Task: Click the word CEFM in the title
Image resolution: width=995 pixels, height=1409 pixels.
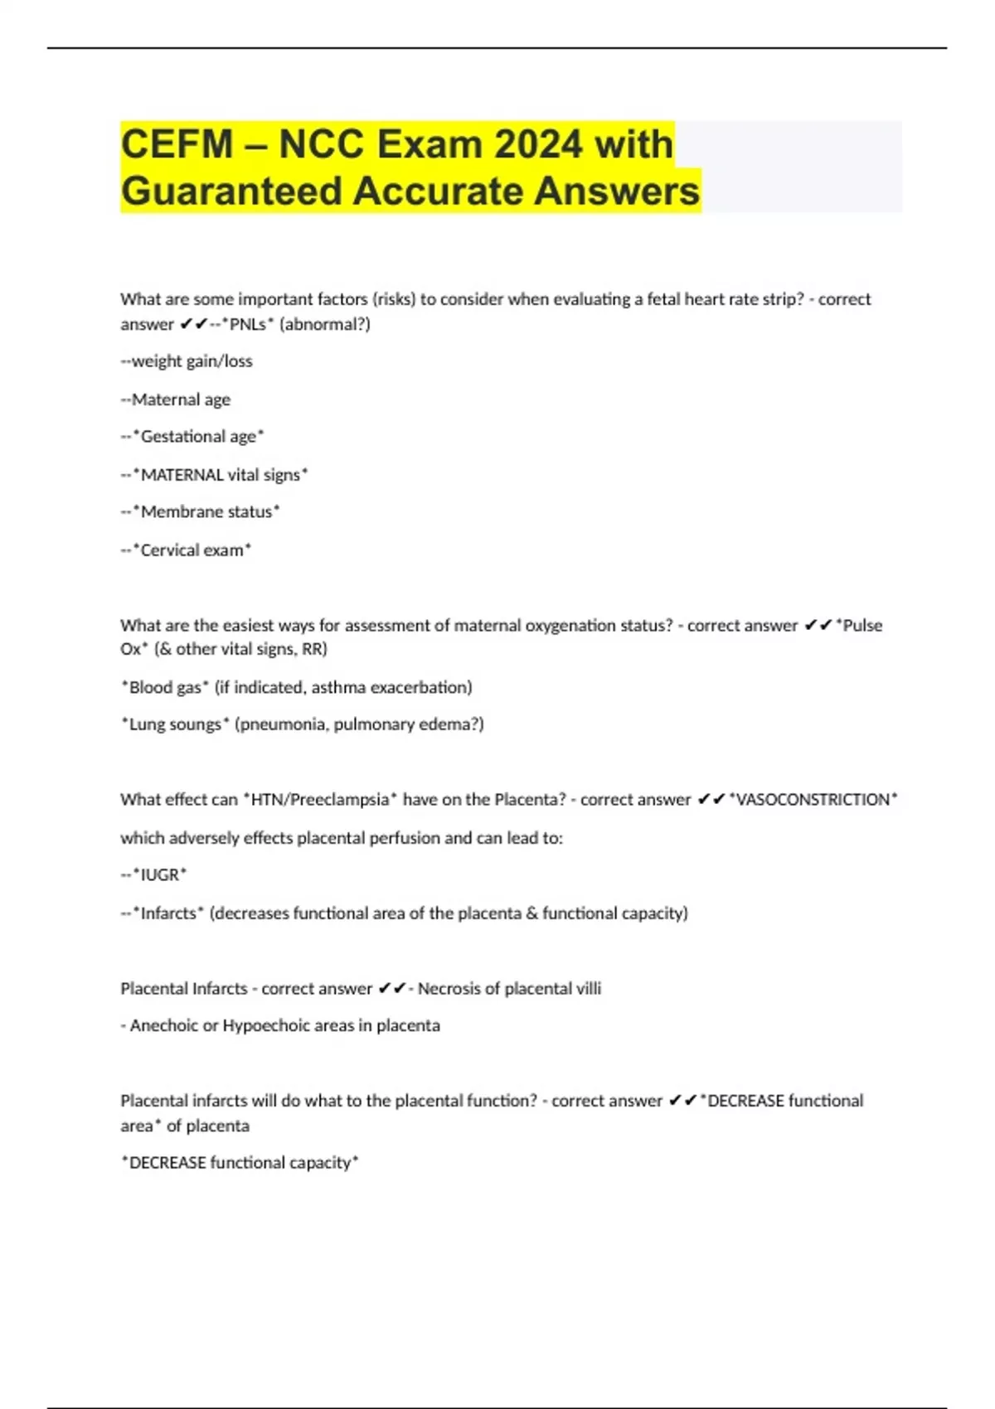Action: (177, 144)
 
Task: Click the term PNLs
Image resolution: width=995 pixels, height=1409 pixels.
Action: (248, 324)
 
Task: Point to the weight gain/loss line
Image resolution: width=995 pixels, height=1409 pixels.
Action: (187, 361)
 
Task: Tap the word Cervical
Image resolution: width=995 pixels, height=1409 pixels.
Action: (170, 550)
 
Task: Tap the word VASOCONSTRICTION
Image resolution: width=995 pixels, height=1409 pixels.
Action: (813, 800)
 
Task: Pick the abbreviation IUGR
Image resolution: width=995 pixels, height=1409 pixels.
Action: (160, 875)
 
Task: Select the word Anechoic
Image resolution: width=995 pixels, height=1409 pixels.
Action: (164, 1025)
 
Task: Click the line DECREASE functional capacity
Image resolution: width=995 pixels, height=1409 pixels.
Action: (240, 1163)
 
